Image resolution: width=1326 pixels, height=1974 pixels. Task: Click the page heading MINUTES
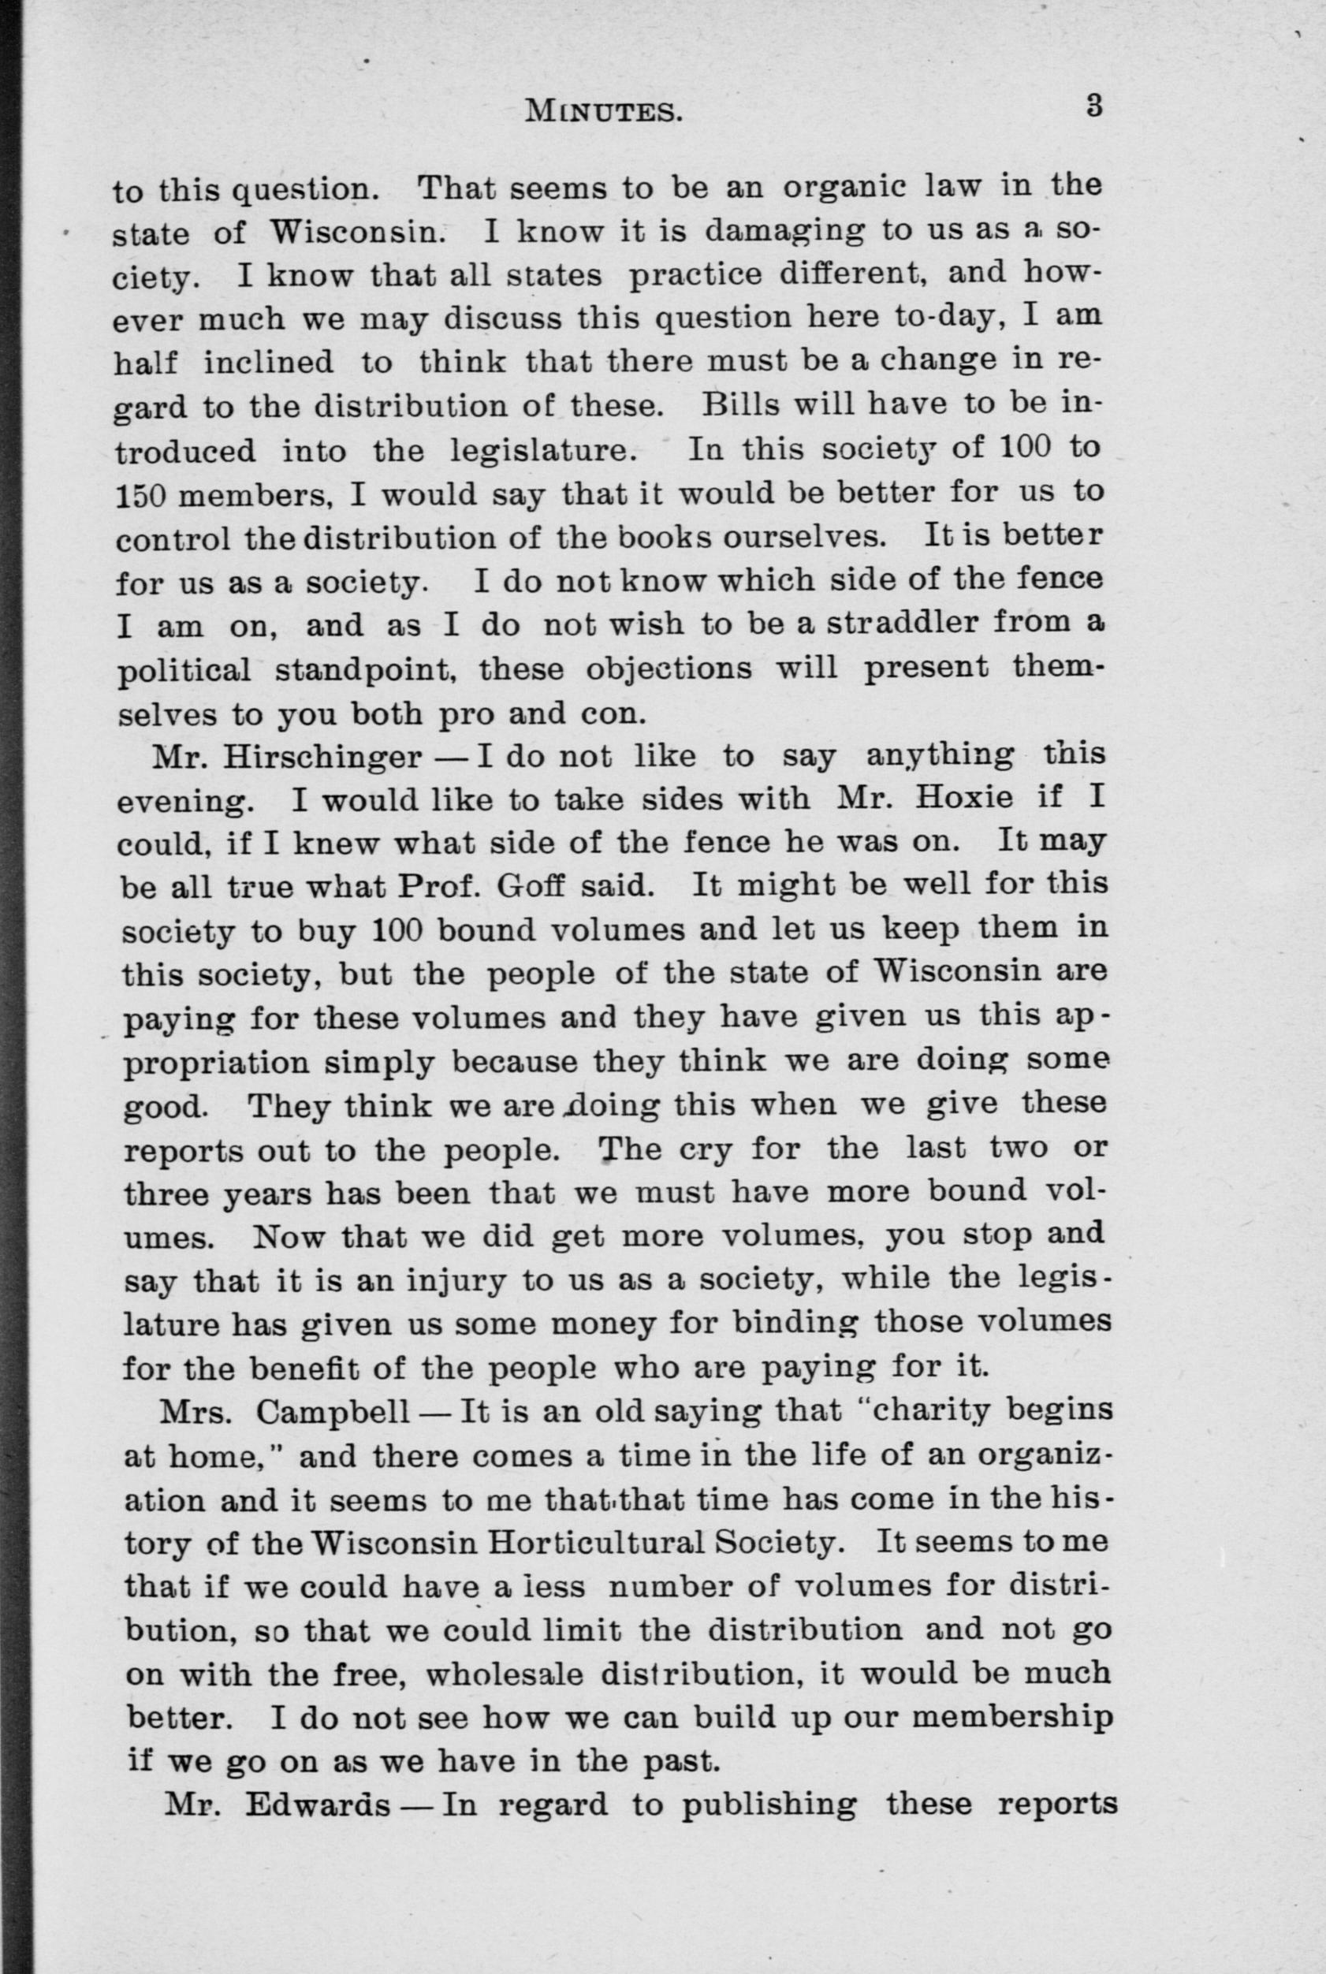tap(603, 110)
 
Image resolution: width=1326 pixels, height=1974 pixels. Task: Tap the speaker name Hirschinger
tap(322, 757)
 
